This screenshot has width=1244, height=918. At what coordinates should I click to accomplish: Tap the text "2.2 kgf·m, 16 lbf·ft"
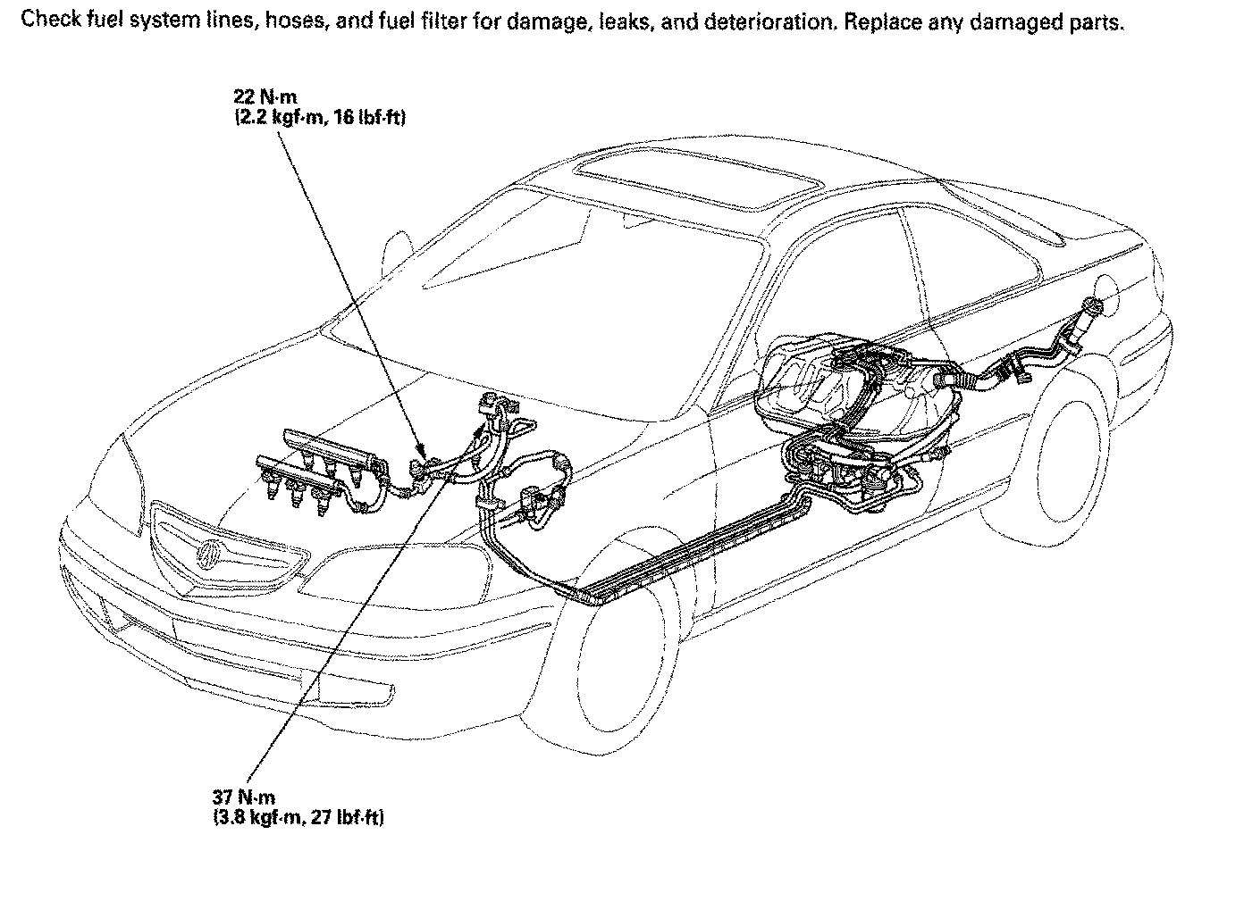coord(319,116)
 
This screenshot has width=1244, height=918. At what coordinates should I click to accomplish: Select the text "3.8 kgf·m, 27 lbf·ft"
coord(299,817)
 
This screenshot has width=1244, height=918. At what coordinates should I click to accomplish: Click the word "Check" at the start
coord(46,21)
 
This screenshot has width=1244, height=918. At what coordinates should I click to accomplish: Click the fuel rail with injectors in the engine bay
coord(322,464)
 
